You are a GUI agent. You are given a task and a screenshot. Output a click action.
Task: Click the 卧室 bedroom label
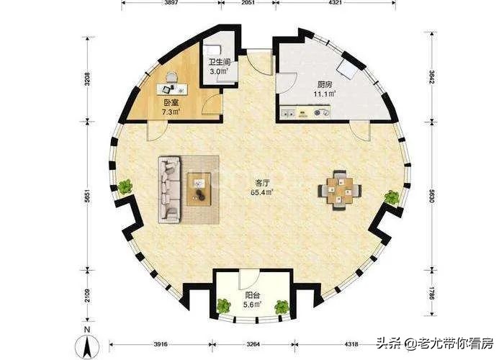click(x=171, y=103)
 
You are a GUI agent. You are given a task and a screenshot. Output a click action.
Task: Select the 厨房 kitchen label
click(x=325, y=84)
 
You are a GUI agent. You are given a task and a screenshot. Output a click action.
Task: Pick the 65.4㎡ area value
click(x=262, y=192)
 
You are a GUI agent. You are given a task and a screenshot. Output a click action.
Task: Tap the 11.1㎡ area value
click(x=325, y=94)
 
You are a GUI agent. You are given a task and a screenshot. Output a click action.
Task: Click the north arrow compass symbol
click(x=87, y=343)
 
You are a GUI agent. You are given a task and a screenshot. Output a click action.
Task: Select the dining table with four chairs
click(x=340, y=191)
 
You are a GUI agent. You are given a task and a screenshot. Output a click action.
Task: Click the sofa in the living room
click(x=169, y=189)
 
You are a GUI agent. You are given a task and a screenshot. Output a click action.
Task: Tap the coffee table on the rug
click(x=199, y=189)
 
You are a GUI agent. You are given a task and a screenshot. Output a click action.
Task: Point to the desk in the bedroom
click(x=172, y=89)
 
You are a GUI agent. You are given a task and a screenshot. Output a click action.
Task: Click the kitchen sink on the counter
click(x=288, y=112)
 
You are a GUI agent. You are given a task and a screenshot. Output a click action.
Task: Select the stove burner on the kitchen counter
click(x=321, y=113)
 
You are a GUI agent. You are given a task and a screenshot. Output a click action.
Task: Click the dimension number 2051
click(x=248, y=3)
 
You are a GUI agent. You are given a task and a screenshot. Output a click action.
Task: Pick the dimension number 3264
click(x=253, y=344)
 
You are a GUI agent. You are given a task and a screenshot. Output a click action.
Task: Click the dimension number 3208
click(x=87, y=79)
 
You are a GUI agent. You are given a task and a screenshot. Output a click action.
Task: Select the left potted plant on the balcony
click(x=223, y=306)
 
